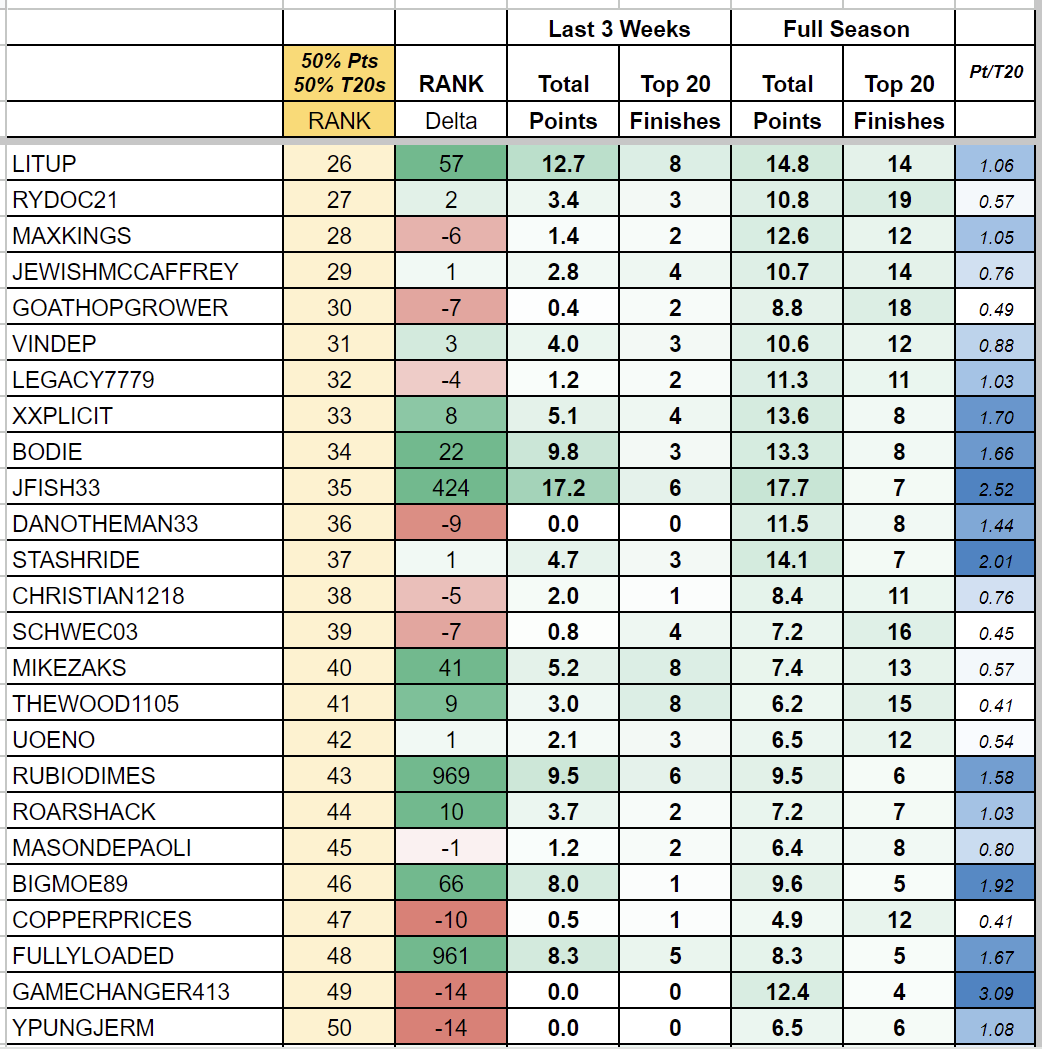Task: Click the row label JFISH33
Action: [x=57, y=488]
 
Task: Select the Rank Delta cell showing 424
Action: [x=451, y=488]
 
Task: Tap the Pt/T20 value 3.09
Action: [x=996, y=992]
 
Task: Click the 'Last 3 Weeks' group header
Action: [x=619, y=29]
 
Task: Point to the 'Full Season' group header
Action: [x=846, y=29]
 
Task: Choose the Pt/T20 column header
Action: [x=996, y=72]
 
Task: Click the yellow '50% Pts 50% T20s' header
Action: [x=339, y=73]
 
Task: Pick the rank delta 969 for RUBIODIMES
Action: [x=451, y=776]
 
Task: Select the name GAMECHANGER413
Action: [x=121, y=992]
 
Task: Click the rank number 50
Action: [x=339, y=1028]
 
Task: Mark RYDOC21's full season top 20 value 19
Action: [x=899, y=200]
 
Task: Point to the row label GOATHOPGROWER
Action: [x=120, y=308]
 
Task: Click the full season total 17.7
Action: [x=787, y=488]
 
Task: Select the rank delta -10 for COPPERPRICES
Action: [x=451, y=920]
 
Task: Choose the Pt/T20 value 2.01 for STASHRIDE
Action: [x=996, y=560]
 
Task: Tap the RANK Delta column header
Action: [x=451, y=102]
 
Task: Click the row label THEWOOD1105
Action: [x=96, y=704]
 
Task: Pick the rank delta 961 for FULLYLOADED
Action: [x=451, y=956]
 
